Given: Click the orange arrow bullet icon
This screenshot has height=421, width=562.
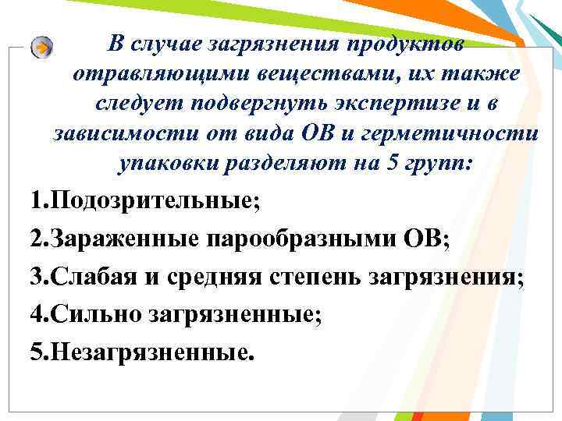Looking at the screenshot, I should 43,47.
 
